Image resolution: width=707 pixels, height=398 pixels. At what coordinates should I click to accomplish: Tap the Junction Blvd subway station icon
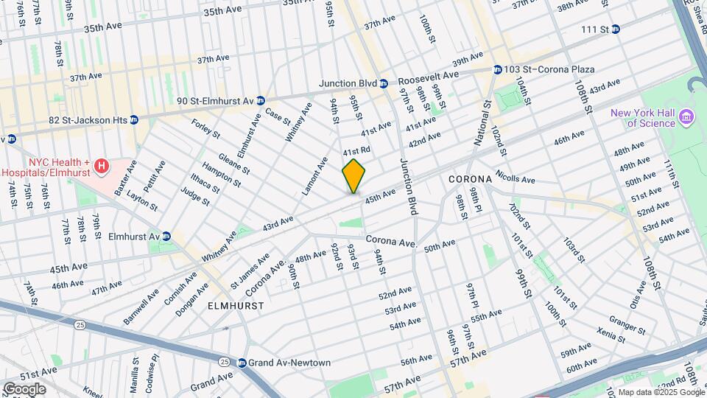click(384, 83)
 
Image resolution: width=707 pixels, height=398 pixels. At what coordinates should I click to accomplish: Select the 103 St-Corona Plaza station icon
click(498, 69)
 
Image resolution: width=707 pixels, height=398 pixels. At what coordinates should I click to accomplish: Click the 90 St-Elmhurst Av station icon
click(260, 100)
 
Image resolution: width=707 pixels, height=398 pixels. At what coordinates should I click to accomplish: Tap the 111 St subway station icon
click(615, 29)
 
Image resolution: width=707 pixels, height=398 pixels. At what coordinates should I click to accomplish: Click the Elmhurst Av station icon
click(166, 236)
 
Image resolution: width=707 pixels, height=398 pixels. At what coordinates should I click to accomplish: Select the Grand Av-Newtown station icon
click(242, 363)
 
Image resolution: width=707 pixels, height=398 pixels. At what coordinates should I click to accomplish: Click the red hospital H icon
click(102, 167)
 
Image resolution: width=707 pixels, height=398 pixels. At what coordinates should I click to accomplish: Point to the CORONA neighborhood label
click(470, 180)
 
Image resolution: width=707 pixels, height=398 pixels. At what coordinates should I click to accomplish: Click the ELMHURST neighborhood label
click(233, 304)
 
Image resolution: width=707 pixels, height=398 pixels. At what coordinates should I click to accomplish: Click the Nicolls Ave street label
click(516, 178)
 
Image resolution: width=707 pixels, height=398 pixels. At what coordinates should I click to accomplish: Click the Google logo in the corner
click(24, 388)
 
